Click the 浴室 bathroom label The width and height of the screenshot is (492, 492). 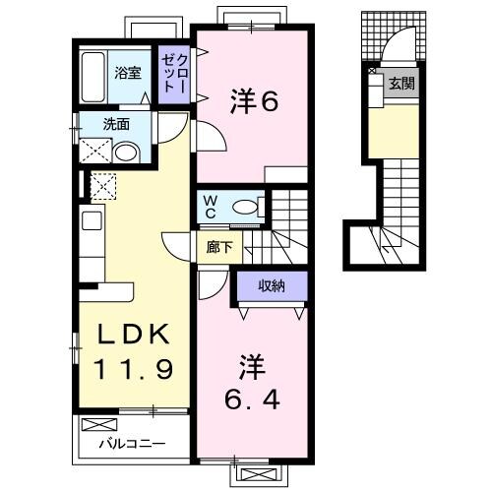click(127, 72)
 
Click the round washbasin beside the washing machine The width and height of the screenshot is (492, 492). click(126, 152)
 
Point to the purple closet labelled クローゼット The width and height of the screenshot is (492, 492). click(174, 74)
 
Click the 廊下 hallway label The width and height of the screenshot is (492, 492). click(218, 247)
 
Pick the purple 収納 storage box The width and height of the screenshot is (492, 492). click(272, 286)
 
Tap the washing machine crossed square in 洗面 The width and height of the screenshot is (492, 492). click(95, 150)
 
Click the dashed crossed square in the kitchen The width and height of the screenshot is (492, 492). click(102, 185)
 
